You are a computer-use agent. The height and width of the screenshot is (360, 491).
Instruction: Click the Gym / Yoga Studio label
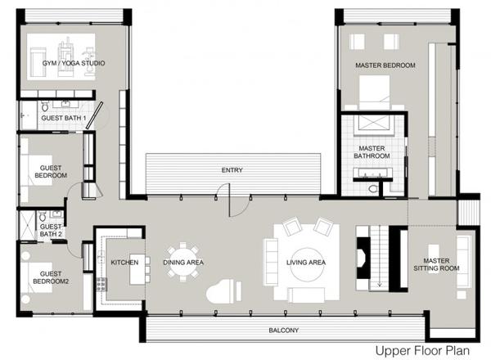74,63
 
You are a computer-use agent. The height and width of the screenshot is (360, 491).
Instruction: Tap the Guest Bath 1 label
64,118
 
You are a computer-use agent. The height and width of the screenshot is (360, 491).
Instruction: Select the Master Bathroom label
372,152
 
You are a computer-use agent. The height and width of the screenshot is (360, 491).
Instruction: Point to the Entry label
232,170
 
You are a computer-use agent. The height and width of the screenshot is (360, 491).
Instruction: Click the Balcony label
284,331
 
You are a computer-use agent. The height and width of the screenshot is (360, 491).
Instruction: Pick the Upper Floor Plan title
422,351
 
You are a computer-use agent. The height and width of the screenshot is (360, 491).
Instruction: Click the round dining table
183,262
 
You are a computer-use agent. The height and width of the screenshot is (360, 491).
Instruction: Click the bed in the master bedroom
375,93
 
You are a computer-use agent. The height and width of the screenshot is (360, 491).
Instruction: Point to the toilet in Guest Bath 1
45,106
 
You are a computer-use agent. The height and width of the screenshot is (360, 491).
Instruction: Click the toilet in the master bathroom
373,188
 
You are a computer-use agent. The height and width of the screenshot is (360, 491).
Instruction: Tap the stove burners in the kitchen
101,284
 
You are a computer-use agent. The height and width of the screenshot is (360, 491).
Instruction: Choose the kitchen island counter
137,269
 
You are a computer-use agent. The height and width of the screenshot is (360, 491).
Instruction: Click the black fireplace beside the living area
363,258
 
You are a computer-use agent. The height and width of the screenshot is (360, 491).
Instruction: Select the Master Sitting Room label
436,264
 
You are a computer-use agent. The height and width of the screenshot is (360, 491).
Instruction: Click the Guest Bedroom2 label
51,277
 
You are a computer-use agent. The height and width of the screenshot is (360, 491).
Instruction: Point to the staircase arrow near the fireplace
380,257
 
